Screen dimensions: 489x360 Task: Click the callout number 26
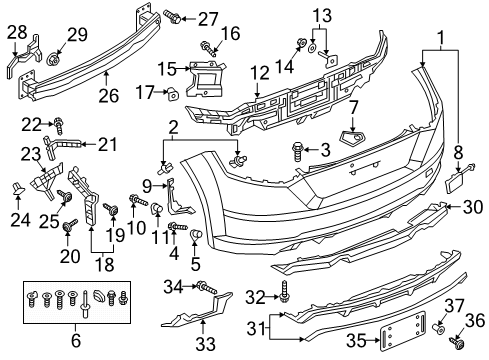click(x=109, y=96)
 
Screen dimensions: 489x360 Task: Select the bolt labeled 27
click(x=172, y=16)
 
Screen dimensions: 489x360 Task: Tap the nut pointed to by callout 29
click(x=53, y=59)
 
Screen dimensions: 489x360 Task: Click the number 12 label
click(x=260, y=73)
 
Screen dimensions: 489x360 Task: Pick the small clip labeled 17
click(x=173, y=94)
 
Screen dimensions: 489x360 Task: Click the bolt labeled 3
click(x=297, y=152)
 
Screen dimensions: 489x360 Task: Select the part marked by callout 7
click(x=352, y=138)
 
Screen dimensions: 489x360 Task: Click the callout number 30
click(x=473, y=207)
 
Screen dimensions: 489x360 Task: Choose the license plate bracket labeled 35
click(x=404, y=331)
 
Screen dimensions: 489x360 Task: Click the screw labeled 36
click(x=456, y=342)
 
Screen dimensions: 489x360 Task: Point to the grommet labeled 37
click(x=438, y=329)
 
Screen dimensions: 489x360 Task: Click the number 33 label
click(x=205, y=344)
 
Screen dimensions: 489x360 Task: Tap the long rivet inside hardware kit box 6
click(x=86, y=304)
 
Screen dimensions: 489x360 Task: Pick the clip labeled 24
click(x=17, y=188)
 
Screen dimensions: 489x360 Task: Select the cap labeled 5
click(x=196, y=234)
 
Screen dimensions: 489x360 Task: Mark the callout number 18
click(x=105, y=265)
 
